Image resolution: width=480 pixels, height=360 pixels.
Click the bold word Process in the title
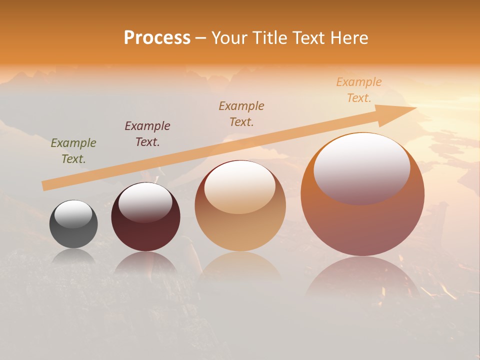point(157,38)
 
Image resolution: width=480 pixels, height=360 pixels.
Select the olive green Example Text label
point(73,151)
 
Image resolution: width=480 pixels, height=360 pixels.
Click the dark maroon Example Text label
point(147,134)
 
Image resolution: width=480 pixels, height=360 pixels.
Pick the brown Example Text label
point(241,114)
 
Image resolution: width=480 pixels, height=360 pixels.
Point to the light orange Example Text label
point(359,90)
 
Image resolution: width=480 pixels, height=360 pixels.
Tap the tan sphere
point(240,230)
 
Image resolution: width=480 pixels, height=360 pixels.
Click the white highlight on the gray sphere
point(73,214)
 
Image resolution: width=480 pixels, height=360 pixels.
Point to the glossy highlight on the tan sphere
point(240,187)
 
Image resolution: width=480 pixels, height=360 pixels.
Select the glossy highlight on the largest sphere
point(361,168)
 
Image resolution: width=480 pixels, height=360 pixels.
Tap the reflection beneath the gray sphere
point(73,256)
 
